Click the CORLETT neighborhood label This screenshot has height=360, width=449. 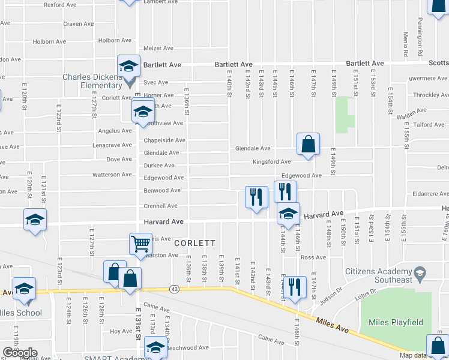coord(195,243)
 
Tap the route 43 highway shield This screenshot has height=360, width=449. coord(174,289)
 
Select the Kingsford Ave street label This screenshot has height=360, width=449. coord(271,162)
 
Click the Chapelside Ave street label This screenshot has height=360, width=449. coord(164,140)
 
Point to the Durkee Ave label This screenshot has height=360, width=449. coord(158,166)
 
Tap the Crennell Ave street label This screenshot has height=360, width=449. coord(160,206)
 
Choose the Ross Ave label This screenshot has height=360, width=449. coord(313,257)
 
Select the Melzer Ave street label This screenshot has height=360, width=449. coord(158,48)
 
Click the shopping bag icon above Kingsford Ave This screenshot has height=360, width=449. coord(308,145)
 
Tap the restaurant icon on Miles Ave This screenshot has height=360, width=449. coord(294,287)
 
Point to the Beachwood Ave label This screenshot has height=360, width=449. coord(187,347)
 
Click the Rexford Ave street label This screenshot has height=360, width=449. coord(60,5)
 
